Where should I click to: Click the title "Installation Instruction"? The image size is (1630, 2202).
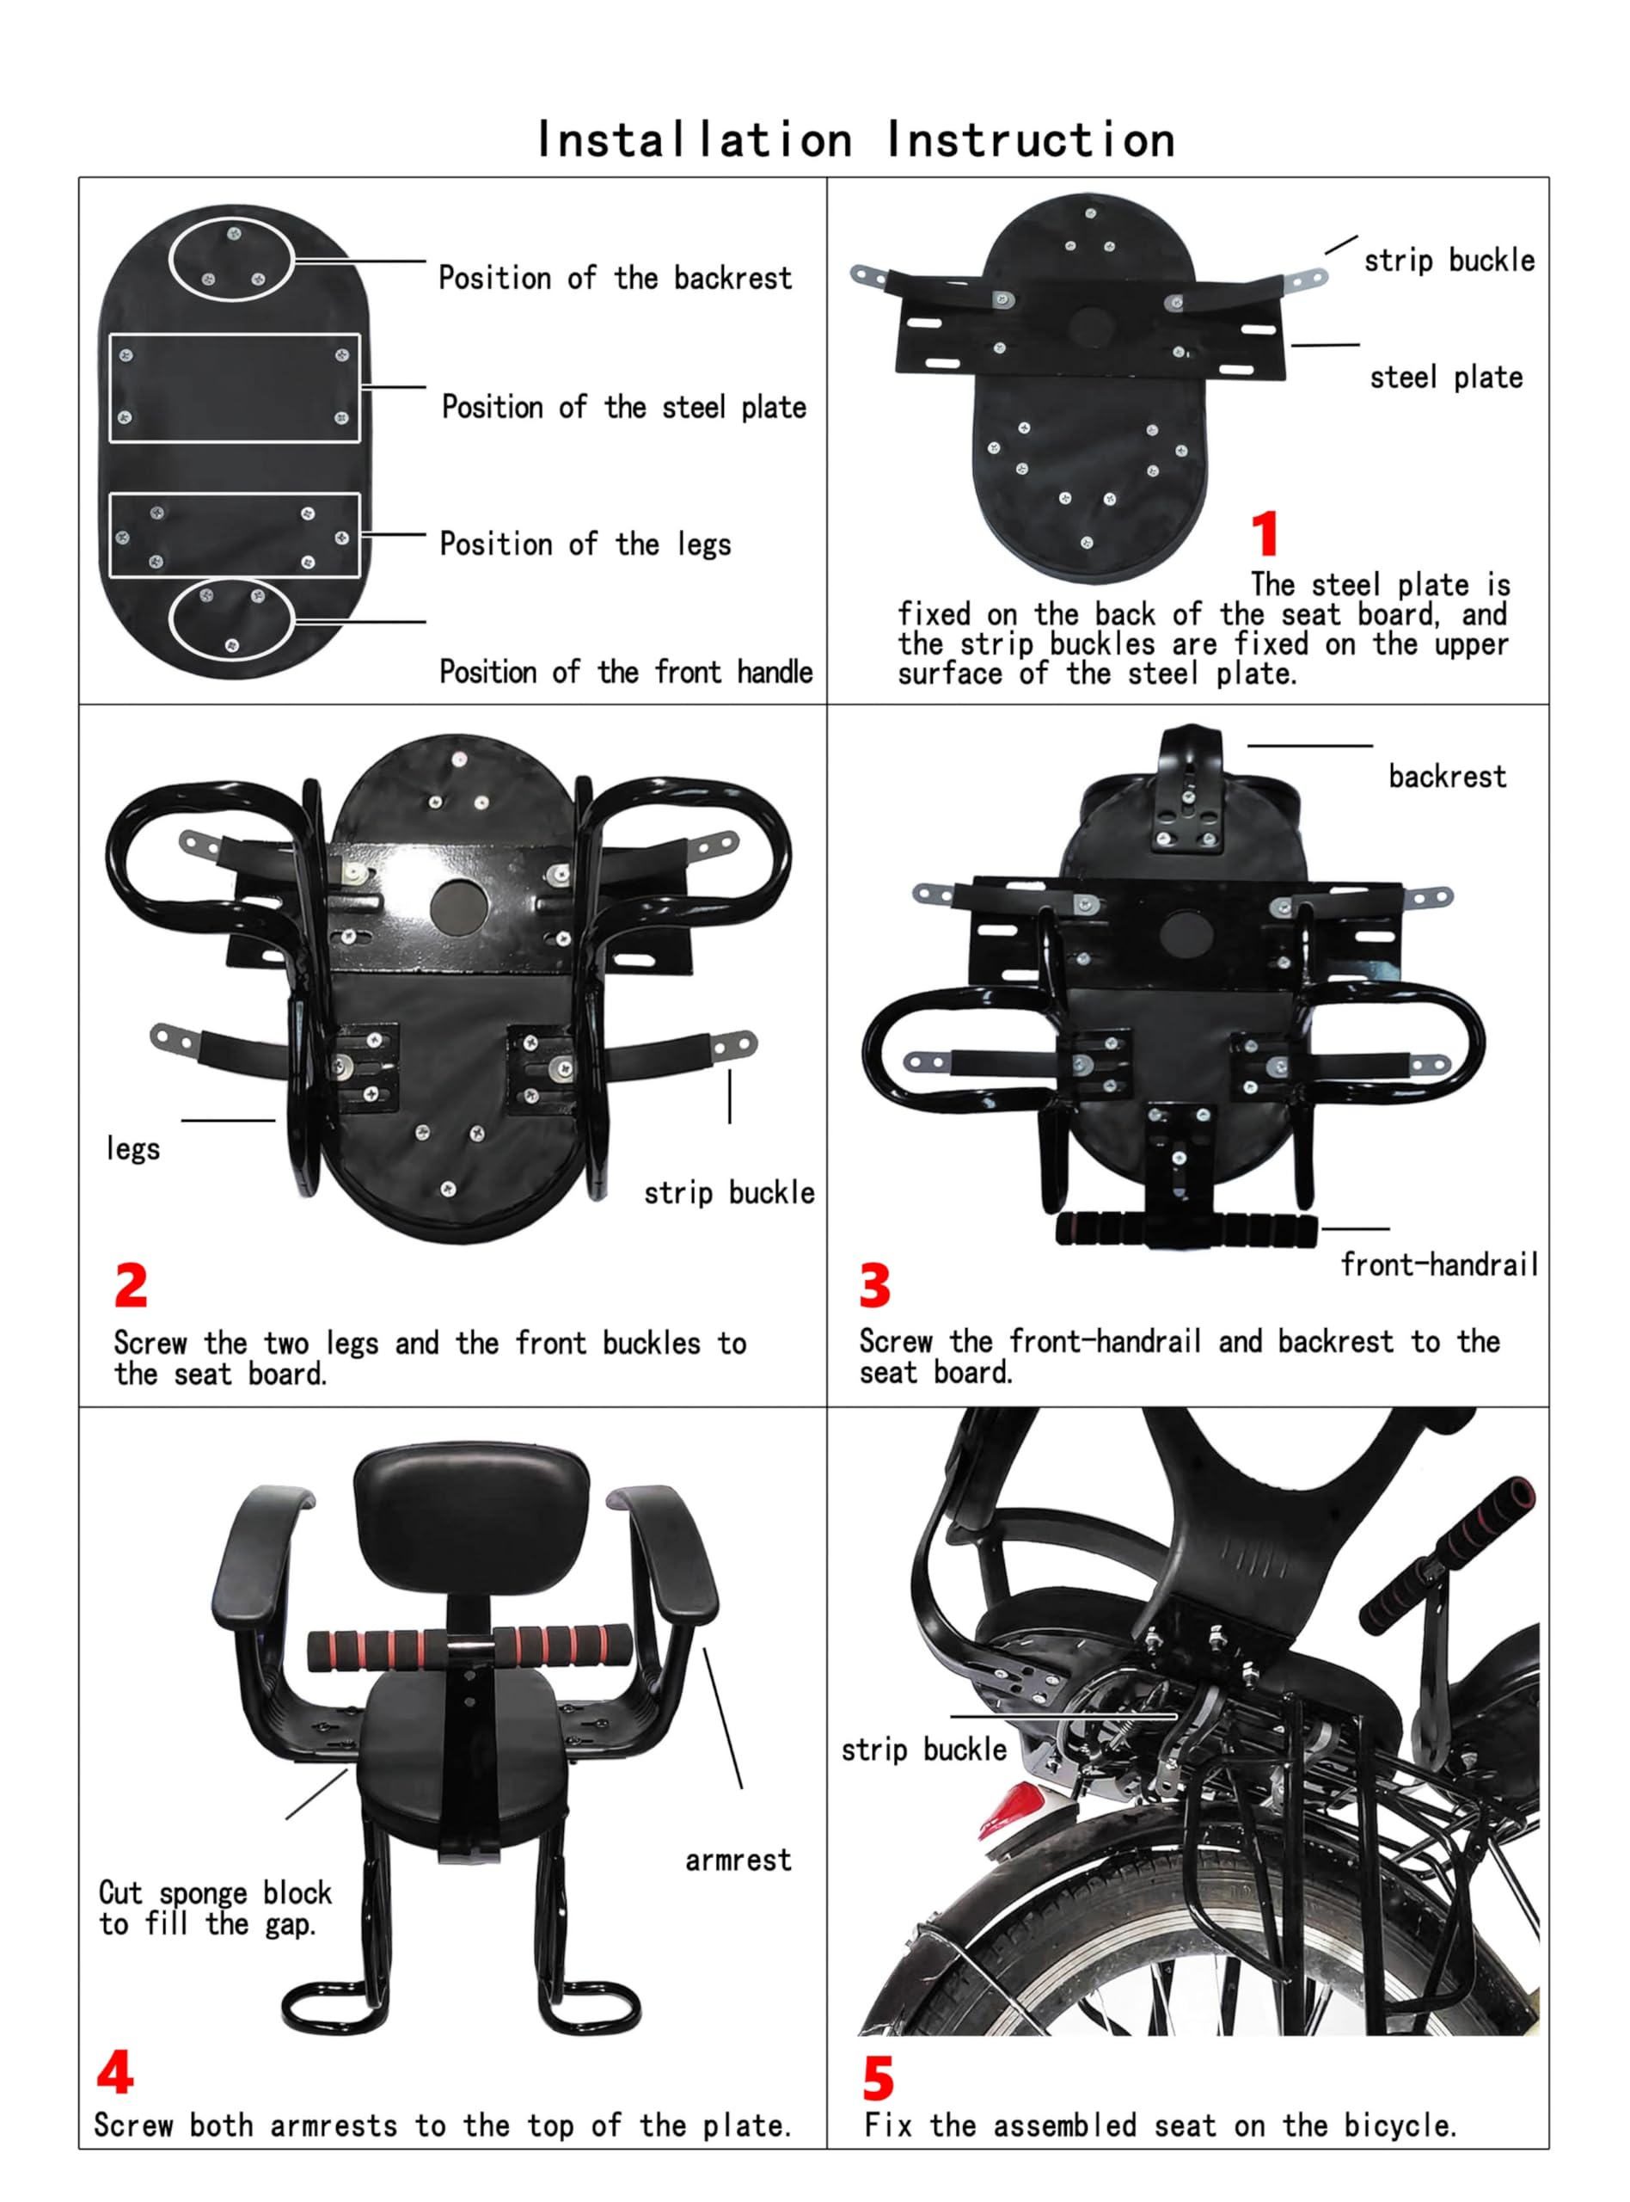tap(855, 140)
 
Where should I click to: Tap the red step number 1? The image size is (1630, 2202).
tap(1265, 535)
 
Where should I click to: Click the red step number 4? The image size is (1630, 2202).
tap(115, 2072)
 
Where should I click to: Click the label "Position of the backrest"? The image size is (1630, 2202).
tap(615, 279)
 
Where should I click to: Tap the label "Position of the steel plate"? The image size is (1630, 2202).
tap(623, 408)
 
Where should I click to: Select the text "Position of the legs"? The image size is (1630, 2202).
tap(585, 544)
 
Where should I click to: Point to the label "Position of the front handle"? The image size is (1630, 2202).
tap(626, 672)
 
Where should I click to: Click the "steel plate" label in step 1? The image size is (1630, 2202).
tap(1445, 377)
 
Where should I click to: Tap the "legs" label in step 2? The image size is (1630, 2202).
tap(133, 1149)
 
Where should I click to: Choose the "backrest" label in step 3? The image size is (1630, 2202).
tap(1448, 777)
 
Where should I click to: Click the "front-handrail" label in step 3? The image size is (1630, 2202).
tap(1439, 1264)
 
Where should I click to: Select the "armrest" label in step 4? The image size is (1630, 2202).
tap(738, 1861)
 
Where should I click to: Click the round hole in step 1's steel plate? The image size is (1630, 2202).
tap(1091, 328)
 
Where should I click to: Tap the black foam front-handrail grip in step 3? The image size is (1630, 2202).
tap(1186, 1231)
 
